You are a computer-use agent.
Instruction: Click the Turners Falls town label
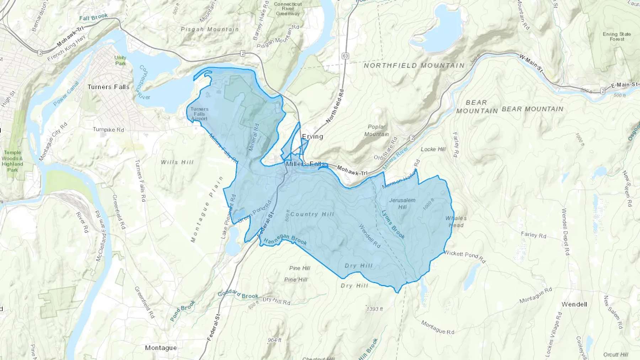(108, 87)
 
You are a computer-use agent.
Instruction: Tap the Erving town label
(313, 136)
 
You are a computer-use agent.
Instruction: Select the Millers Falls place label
(305, 164)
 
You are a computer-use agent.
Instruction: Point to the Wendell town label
(574, 304)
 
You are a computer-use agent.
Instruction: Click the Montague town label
(161, 348)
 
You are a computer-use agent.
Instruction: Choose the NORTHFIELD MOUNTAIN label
(414, 65)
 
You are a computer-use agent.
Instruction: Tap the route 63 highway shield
(345, 56)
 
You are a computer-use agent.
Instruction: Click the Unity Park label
(121, 60)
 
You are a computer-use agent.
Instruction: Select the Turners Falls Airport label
(199, 114)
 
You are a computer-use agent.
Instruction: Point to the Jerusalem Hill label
(402, 203)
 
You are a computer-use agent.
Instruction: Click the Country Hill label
(312, 214)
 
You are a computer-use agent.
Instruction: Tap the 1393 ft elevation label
(375, 309)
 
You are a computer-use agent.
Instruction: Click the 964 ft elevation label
(274, 340)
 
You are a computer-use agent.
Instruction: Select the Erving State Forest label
(617, 37)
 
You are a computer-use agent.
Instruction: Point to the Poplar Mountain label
(377, 130)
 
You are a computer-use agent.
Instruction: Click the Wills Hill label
(177, 162)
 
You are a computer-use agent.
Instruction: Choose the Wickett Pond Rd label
(465, 257)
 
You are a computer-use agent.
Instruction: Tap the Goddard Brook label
(238, 294)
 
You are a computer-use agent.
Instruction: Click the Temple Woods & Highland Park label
(12, 161)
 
